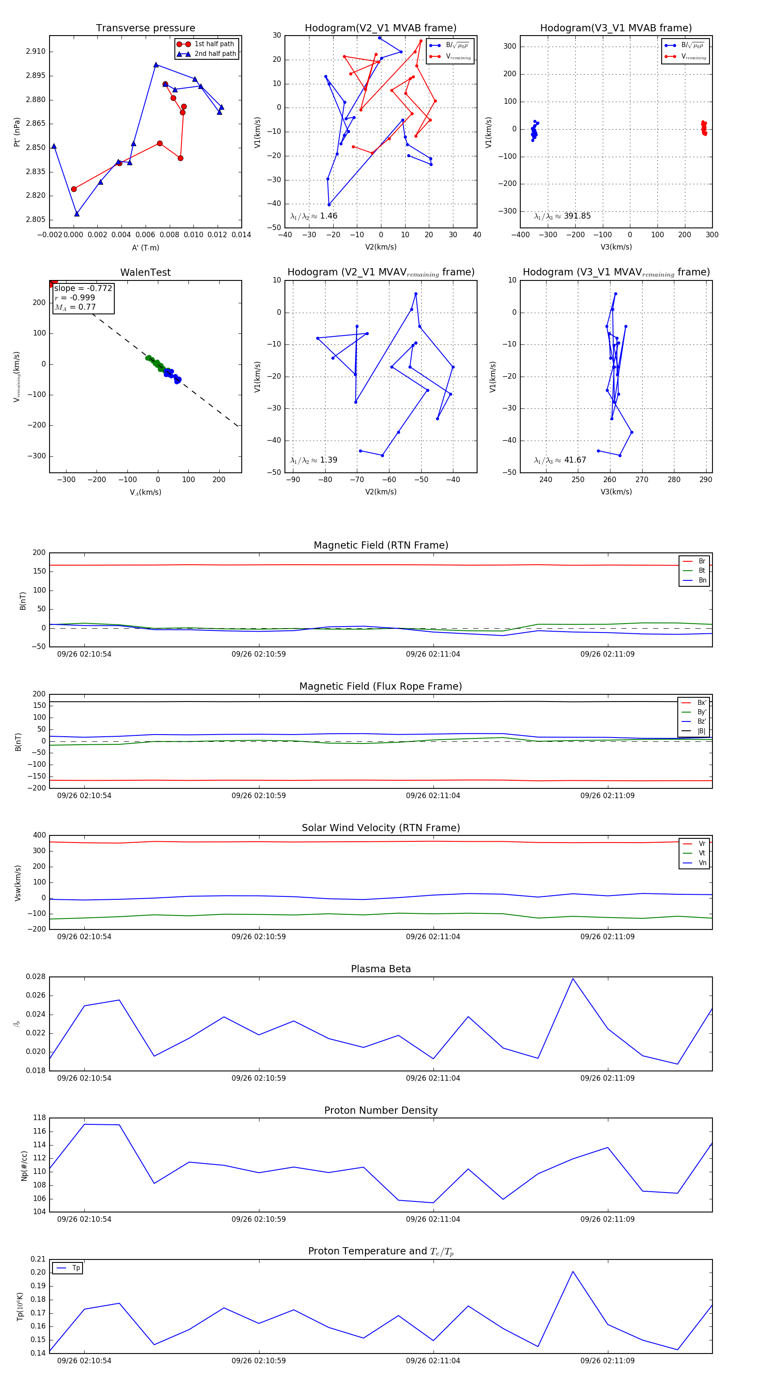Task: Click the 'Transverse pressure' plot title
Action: tap(145, 28)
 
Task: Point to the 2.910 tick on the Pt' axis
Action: tap(36, 52)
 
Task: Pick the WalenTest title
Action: tap(145, 272)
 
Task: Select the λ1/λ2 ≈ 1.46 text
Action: tap(313, 216)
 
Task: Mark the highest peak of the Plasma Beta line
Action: tap(573, 979)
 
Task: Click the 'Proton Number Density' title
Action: tap(381, 1110)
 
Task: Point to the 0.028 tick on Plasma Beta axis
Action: tap(36, 977)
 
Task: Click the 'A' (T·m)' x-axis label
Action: tap(145, 247)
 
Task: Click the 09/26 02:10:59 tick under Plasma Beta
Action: tap(259, 1078)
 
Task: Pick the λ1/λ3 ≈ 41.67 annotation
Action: tap(560, 460)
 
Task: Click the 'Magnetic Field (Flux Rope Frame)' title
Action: tap(381, 687)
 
